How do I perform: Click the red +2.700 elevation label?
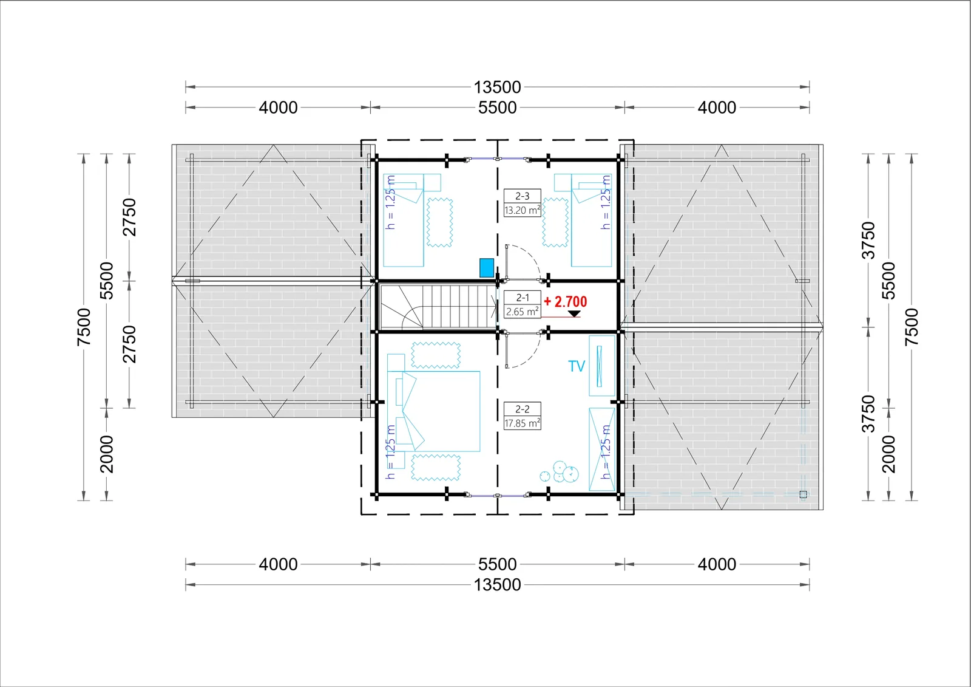pos(565,302)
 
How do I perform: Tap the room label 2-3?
pos(523,196)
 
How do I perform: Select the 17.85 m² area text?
pos(523,423)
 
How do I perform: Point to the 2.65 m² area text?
pos(523,312)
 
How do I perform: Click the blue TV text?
pos(577,366)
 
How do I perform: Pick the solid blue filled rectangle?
pos(486,268)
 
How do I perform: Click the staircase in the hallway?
pos(438,306)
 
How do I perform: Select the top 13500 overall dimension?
pos(497,87)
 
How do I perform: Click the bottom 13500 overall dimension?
pos(497,585)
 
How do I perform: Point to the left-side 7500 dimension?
pos(84,327)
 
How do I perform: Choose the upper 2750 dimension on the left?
pos(129,217)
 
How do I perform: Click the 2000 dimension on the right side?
pos(888,454)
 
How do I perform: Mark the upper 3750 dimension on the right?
pos(868,241)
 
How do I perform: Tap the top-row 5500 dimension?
pos(497,108)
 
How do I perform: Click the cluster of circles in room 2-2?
pos(560,472)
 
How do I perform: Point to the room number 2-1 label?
pos(523,298)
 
